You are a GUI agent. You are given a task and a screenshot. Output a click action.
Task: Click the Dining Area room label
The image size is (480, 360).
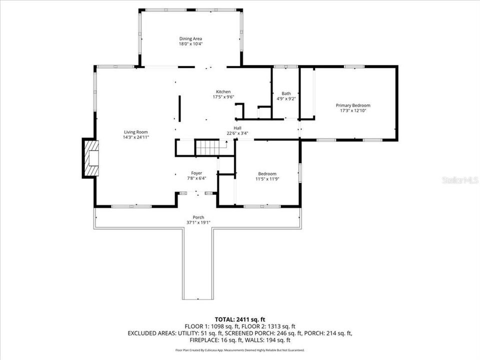[190, 38]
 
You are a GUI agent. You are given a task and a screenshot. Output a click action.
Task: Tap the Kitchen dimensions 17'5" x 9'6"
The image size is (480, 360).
[223, 97]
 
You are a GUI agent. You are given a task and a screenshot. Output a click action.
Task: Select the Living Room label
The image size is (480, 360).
[136, 131]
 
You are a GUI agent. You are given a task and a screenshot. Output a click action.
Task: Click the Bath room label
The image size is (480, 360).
[286, 93]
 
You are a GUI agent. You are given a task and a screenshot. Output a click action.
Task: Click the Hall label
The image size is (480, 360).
[237, 128]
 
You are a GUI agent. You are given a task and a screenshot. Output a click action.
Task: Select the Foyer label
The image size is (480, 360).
[196, 173]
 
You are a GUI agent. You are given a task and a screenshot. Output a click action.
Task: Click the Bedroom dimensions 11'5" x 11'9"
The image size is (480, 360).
[267, 178]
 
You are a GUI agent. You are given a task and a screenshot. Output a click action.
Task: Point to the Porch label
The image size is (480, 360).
[198, 217]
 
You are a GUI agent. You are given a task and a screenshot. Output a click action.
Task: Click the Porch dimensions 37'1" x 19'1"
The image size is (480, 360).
[198, 222]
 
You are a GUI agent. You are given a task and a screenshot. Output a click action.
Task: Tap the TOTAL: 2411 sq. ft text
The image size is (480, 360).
[239, 318]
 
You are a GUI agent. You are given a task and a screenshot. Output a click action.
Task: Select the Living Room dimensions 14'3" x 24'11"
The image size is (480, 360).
[136, 137]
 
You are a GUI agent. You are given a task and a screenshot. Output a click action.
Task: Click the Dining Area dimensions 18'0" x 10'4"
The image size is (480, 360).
[190, 44]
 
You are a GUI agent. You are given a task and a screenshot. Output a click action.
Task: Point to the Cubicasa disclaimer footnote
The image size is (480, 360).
[239, 350]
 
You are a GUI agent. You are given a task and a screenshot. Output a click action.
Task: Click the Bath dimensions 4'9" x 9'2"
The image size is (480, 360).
[286, 98]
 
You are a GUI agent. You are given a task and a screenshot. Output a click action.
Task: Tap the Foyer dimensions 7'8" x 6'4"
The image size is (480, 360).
[196, 178]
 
